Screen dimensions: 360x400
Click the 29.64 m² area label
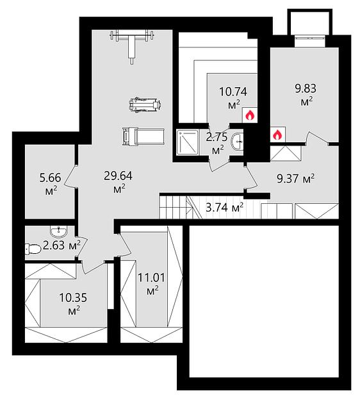119,182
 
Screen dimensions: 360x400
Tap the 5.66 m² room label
51,184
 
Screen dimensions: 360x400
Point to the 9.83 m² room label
306,95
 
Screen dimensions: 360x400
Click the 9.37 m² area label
295,178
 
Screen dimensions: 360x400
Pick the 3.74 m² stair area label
224,208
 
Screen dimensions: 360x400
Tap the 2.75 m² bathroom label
217,144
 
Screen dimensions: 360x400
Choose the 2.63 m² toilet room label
61,245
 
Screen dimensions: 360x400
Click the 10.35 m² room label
73,304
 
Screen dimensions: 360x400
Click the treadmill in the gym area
143,137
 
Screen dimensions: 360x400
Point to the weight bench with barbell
132,46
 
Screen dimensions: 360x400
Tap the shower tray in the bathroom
188,142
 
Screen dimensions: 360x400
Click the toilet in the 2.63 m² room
33,249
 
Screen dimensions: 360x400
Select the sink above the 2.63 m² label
59,231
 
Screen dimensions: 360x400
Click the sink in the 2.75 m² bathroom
238,142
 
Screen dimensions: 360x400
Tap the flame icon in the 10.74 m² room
250,115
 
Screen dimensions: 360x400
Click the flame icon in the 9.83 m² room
277,134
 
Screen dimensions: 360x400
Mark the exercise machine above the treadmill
145,104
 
